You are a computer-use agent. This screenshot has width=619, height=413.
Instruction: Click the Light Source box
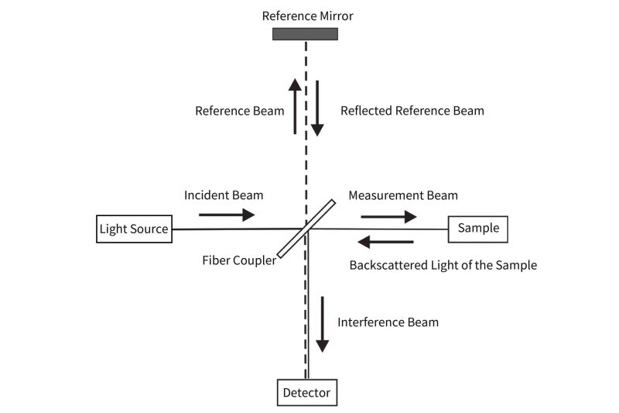[x=134, y=229]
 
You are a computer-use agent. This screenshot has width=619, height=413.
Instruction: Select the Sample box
[x=478, y=229]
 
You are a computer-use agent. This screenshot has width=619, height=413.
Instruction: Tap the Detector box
[x=306, y=393]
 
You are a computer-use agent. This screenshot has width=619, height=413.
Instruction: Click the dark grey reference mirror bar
[x=305, y=33]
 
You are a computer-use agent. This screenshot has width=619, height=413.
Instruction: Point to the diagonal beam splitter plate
[x=306, y=229]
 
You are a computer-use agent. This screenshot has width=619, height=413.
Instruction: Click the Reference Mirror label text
[x=307, y=15]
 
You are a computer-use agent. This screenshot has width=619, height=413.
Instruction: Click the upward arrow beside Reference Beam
[x=296, y=105]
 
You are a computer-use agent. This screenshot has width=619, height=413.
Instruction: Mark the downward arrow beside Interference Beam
[x=321, y=334]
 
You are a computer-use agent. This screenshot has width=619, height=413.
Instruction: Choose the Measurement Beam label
[x=402, y=195]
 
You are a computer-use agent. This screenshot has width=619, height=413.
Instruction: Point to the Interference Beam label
[x=388, y=322]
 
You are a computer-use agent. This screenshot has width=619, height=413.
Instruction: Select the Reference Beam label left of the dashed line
[x=239, y=111]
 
